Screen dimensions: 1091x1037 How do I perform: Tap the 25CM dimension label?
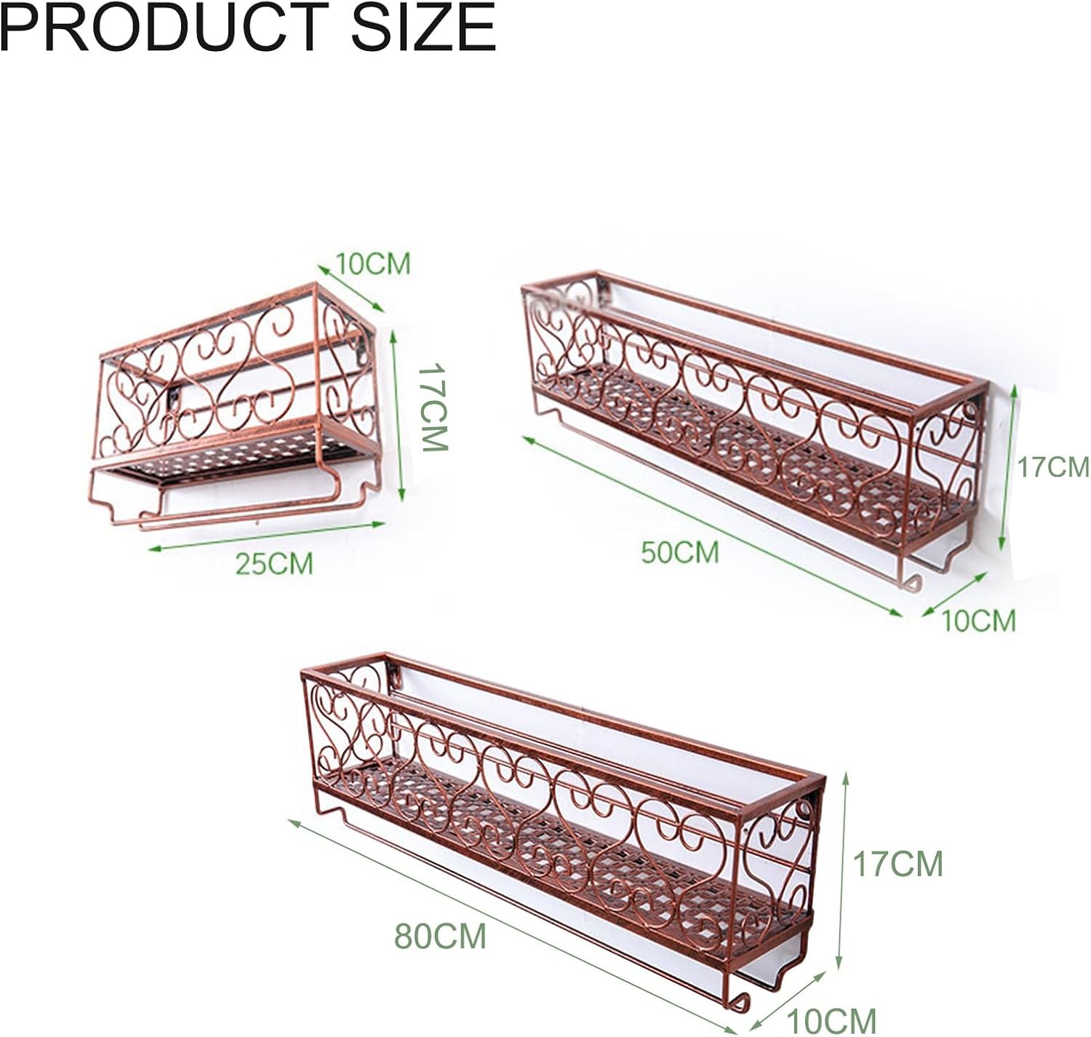[273, 563]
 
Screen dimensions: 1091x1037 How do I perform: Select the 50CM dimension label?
[679, 552]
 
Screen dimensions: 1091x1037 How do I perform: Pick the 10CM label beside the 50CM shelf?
[978, 621]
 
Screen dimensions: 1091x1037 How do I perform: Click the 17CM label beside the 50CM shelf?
[1052, 466]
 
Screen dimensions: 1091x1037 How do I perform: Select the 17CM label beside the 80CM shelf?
[898, 865]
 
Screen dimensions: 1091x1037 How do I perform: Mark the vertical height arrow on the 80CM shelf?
[843, 870]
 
